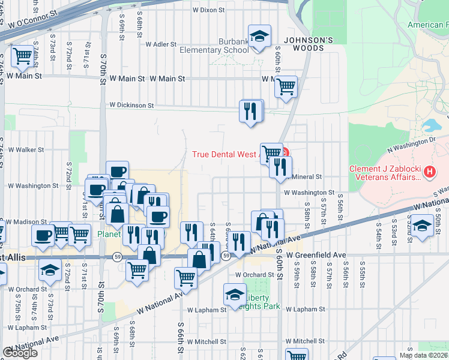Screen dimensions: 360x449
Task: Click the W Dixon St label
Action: click(208, 10)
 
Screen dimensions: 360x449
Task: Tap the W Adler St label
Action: click(159, 44)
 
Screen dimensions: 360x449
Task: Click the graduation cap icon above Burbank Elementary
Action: click(259, 37)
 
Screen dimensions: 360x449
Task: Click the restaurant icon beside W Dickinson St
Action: click(250, 111)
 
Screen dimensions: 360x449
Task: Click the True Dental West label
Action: click(224, 154)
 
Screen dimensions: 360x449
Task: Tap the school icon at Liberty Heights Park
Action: click(234, 295)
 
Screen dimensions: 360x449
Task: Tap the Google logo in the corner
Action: click(20, 353)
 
